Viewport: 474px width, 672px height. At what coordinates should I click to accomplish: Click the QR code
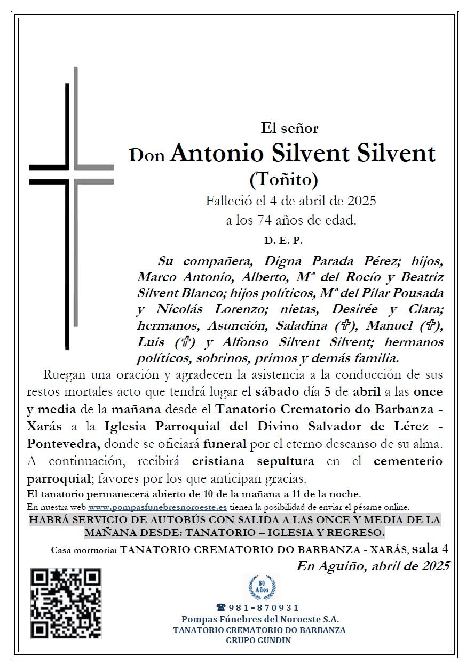66,603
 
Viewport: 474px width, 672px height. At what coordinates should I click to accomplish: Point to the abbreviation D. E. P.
283,241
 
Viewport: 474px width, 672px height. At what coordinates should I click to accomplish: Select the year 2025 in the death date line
362,201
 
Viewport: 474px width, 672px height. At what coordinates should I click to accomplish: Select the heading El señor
289,128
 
